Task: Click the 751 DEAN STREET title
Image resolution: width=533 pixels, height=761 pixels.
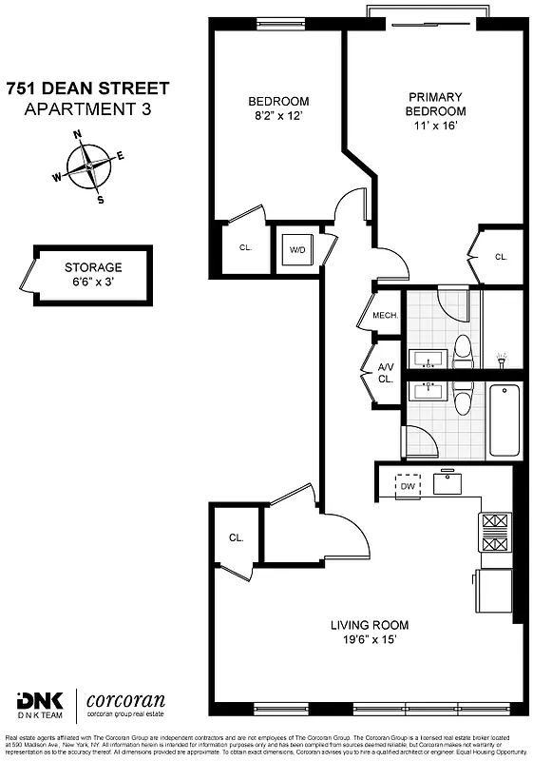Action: [87, 88]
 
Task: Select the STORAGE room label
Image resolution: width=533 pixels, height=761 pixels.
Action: [93, 267]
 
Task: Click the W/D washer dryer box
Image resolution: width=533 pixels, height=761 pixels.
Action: [297, 250]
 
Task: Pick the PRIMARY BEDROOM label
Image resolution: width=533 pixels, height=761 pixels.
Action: [436, 104]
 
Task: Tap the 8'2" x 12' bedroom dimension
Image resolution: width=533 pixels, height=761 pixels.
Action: [278, 119]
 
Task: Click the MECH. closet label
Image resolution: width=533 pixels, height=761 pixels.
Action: [385, 316]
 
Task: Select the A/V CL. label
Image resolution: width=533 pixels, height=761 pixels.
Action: [386, 373]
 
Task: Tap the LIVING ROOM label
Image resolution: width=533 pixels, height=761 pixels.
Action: [370, 625]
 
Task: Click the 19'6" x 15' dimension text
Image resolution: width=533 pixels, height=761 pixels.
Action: [370, 640]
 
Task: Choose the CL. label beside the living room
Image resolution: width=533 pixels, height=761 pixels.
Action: [236, 537]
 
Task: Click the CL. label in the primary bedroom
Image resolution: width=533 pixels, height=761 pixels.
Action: [502, 257]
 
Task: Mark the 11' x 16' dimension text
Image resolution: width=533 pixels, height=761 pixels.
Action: [436, 127]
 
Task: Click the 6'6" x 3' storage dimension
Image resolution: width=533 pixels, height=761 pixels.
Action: [93, 283]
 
